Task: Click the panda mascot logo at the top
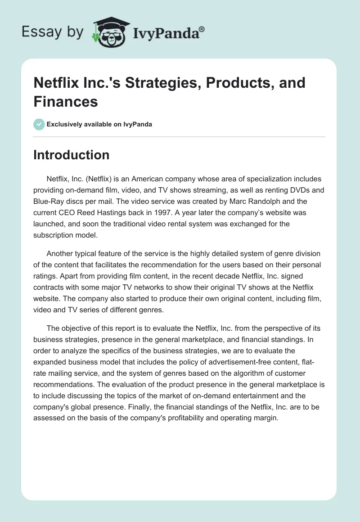pos(108,32)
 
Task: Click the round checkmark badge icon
pos(39,124)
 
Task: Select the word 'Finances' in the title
pos(66,101)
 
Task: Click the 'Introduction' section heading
pos(72,155)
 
